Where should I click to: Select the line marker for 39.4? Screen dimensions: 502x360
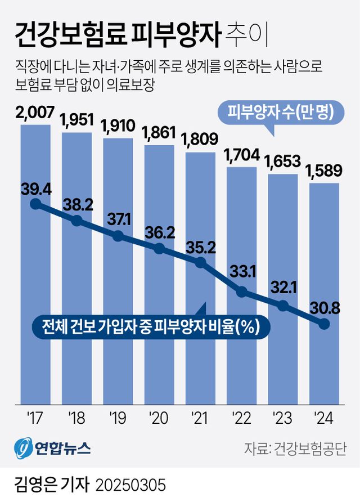[35, 204]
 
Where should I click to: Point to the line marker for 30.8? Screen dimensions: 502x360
[324, 324]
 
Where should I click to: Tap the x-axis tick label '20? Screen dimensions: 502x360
[159, 418]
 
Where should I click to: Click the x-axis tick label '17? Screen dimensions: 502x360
[35, 418]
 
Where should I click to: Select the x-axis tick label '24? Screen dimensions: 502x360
[325, 418]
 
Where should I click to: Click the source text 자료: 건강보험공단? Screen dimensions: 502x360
[295, 449]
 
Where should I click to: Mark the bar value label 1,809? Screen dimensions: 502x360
[200, 138]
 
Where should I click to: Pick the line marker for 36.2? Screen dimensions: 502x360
[159, 249]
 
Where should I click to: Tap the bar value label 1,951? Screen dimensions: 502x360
[76, 120]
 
